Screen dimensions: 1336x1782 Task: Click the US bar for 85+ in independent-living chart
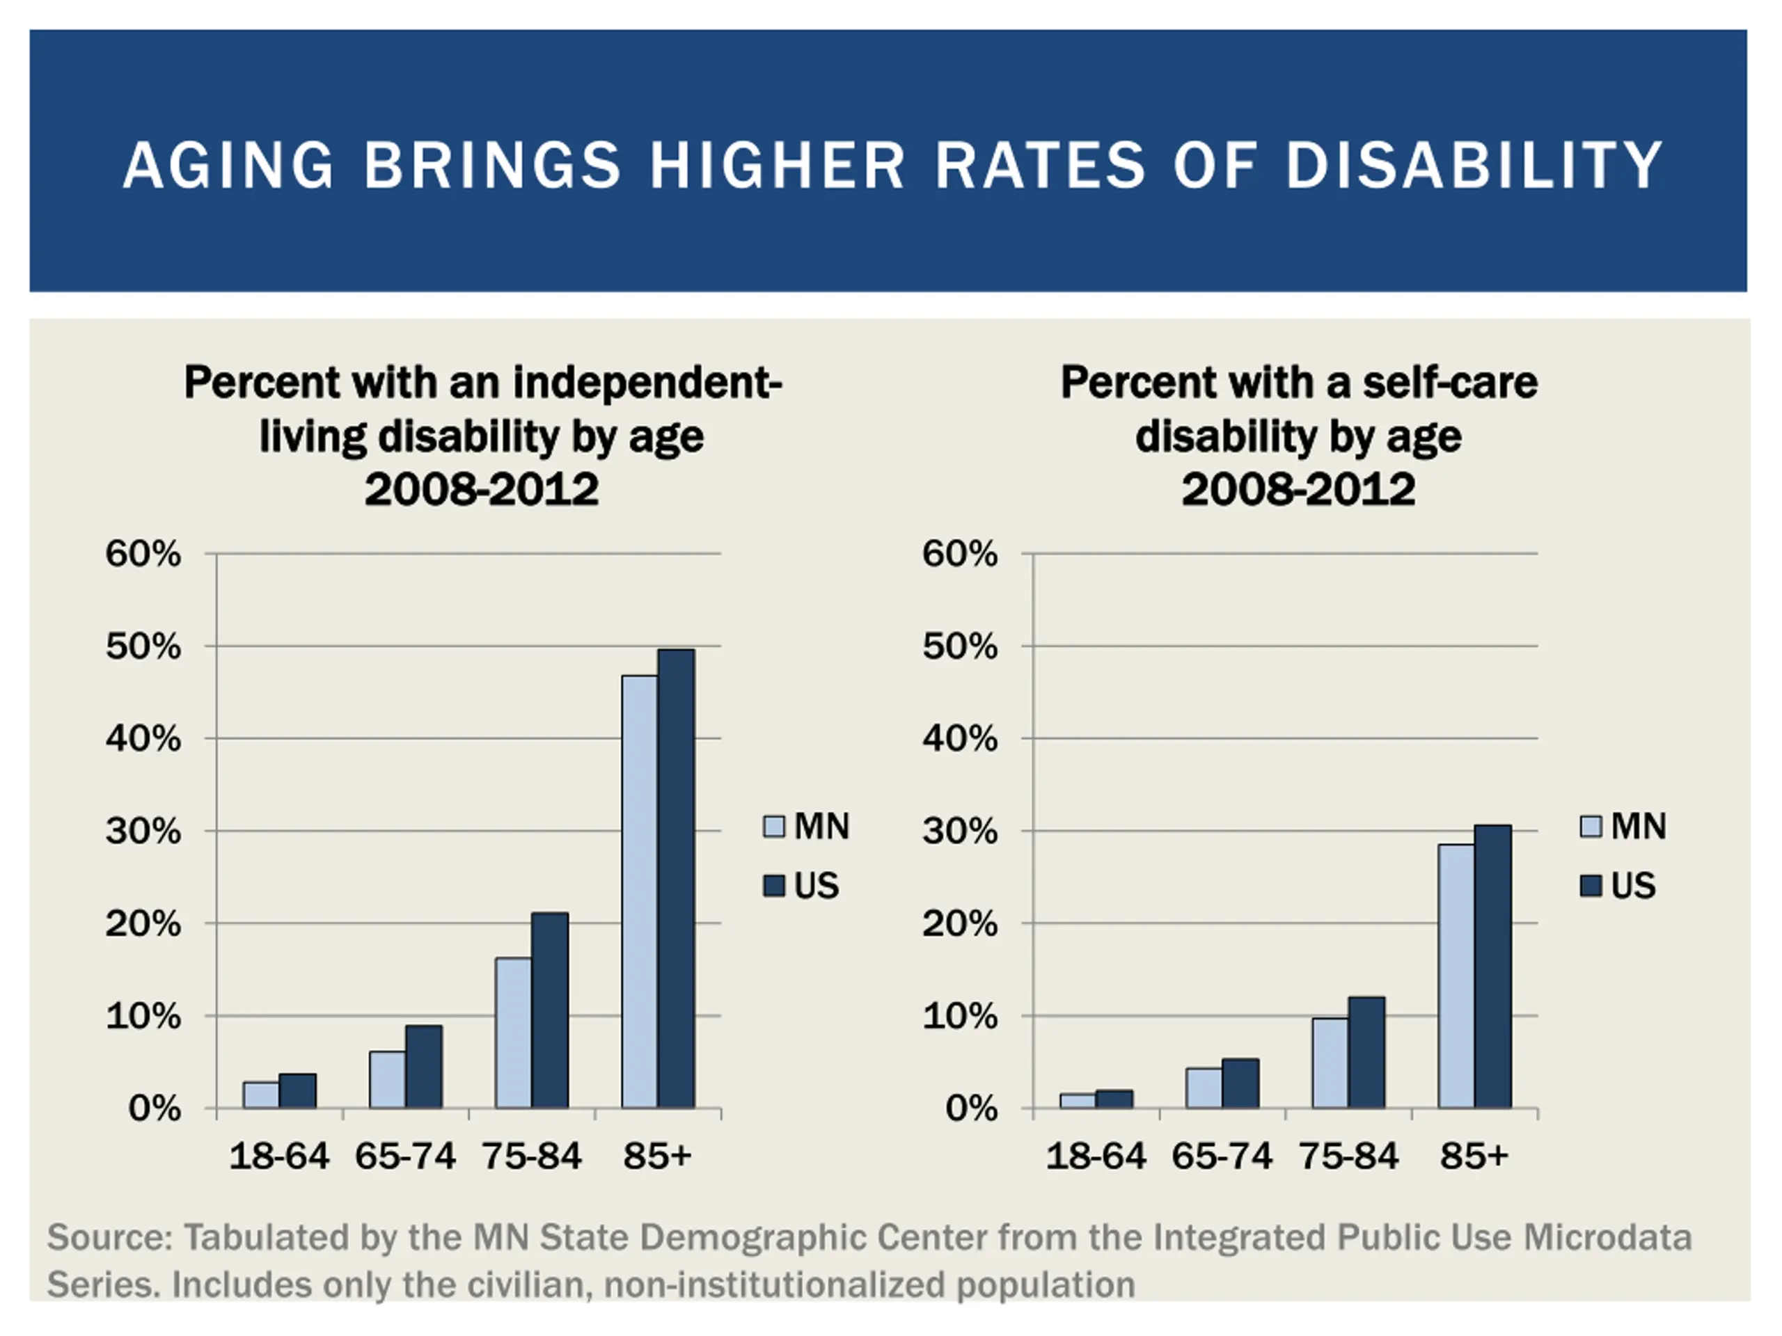coord(676,877)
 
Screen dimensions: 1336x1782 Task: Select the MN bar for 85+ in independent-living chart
coord(640,891)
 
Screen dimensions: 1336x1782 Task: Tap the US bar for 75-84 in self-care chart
coord(1367,1053)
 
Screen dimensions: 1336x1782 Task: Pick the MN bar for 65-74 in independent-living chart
coord(388,1079)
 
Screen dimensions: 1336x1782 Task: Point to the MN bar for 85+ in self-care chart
coord(1456,976)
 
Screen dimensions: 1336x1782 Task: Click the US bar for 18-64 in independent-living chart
coord(298,1091)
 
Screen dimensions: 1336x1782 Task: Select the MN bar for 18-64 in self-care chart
coord(1078,1101)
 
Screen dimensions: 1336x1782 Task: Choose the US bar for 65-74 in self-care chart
coord(1240,1083)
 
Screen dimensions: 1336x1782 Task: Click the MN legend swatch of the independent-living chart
coord(773,826)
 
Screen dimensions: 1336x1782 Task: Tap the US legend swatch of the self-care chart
coord(1591,886)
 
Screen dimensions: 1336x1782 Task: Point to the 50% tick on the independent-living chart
coord(143,646)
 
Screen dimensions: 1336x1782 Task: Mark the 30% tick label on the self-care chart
coord(961,831)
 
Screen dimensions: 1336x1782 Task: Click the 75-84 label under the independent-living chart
coord(532,1156)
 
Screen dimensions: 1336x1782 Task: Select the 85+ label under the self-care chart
coord(1474,1156)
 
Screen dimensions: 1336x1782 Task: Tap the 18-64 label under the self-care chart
coord(1096,1156)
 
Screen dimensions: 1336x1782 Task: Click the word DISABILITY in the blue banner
coord(1474,165)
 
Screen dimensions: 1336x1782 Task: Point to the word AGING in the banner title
coord(229,165)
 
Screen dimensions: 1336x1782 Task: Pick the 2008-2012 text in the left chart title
coord(482,490)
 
